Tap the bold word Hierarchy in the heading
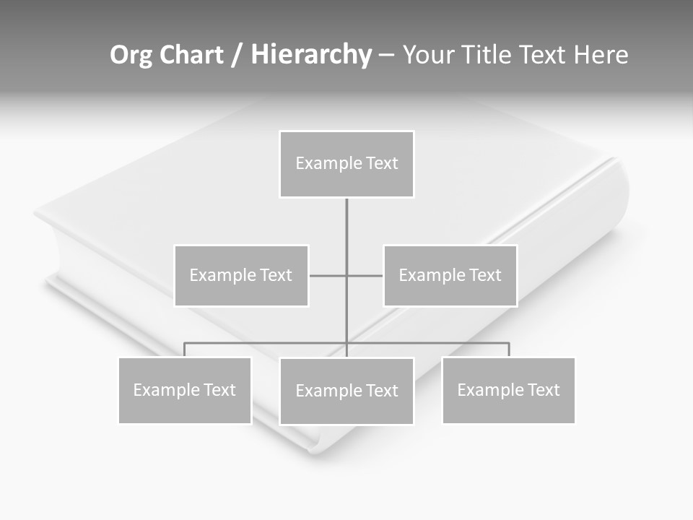tap(311, 55)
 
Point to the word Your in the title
tap(427, 55)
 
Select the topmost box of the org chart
tap(346, 164)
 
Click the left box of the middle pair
tap(241, 275)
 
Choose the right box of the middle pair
tap(450, 275)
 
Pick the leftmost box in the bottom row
tap(185, 390)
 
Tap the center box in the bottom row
tap(346, 391)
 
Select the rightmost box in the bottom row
tap(508, 390)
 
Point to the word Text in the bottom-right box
tap(544, 390)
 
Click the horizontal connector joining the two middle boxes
tap(328, 275)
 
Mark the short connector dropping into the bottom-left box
tap(185, 350)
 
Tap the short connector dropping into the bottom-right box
tap(509, 350)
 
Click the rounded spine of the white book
tap(610, 209)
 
